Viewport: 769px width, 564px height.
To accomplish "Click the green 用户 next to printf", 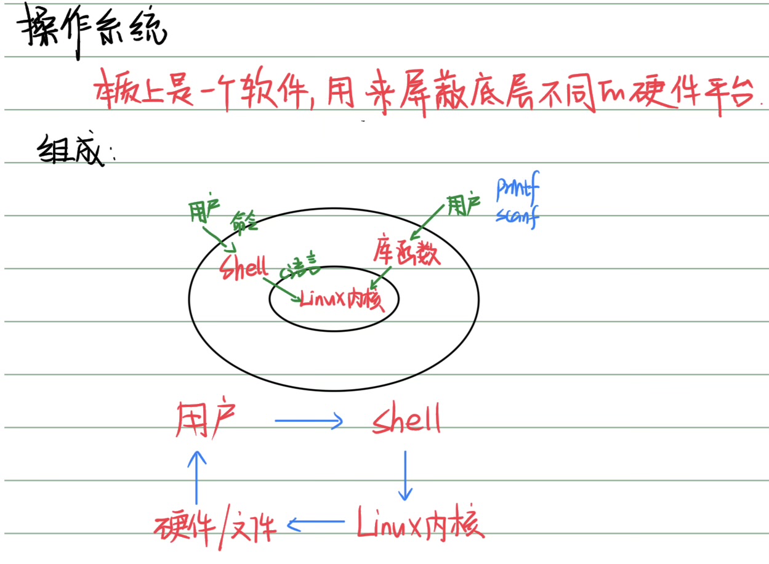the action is click(463, 208).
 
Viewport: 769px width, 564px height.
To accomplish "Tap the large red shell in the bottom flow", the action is click(407, 421).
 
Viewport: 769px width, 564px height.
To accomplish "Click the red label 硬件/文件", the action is click(215, 526).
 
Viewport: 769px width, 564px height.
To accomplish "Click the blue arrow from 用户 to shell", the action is click(308, 421).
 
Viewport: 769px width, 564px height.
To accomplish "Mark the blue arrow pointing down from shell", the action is click(405, 474).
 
